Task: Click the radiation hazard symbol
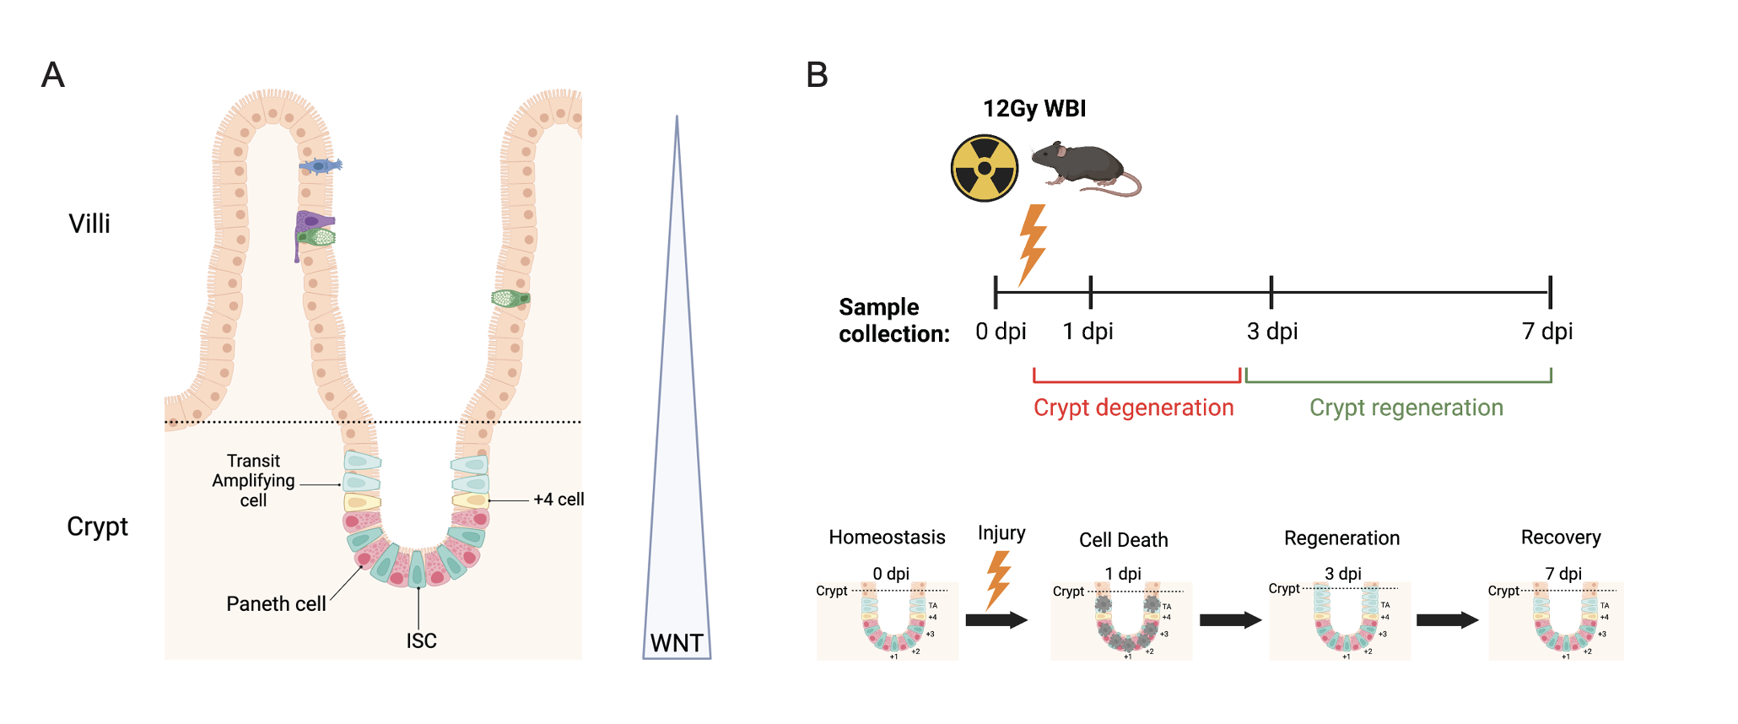pyautogui.click(x=984, y=169)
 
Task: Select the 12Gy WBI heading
pyautogui.click(x=1034, y=109)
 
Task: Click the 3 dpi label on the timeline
pyautogui.click(x=1272, y=332)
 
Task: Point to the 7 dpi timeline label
pyautogui.click(x=1547, y=332)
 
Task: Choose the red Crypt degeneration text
pyautogui.click(x=1133, y=408)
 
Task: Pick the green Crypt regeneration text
pyautogui.click(x=1406, y=408)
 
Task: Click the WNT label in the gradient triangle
pyautogui.click(x=677, y=643)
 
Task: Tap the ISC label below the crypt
pyautogui.click(x=421, y=641)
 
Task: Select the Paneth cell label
pyautogui.click(x=276, y=604)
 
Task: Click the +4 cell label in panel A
pyautogui.click(x=559, y=500)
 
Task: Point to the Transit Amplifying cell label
pyautogui.click(x=253, y=481)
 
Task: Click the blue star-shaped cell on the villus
pyautogui.click(x=320, y=166)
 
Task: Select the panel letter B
pyautogui.click(x=817, y=75)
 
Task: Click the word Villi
pyautogui.click(x=89, y=224)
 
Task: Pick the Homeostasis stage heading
pyautogui.click(x=887, y=538)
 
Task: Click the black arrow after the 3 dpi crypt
pyautogui.click(x=1447, y=620)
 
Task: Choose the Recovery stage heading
pyautogui.click(x=1560, y=538)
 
